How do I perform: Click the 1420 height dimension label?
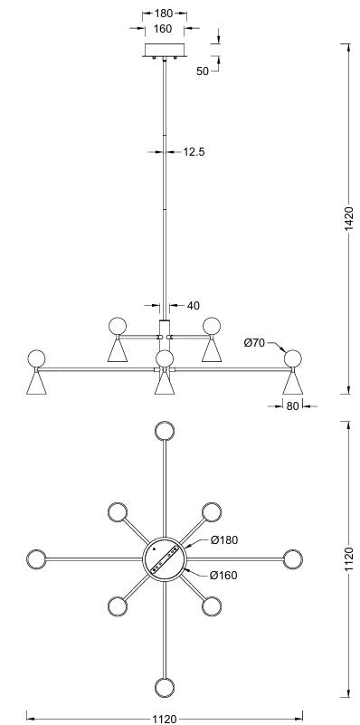pyautogui.click(x=349, y=219)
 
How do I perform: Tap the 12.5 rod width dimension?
pyautogui.click(x=194, y=152)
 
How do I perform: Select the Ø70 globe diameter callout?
pyautogui.click(x=253, y=343)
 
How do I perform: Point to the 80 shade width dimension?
pyautogui.click(x=292, y=406)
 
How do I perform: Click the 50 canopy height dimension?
pyautogui.click(x=203, y=72)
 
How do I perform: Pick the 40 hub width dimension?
pyautogui.click(x=194, y=306)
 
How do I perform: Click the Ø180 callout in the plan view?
pyautogui.click(x=224, y=539)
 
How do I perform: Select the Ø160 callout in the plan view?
pyautogui.click(x=223, y=575)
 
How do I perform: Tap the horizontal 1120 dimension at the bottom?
pyautogui.click(x=165, y=719)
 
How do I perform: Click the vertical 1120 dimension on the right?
pyautogui.click(x=349, y=559)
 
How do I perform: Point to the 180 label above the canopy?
pyautogui.click(x=164, y=14)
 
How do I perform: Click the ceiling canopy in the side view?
pyautogui.click(x=165, y=51)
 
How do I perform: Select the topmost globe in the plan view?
pyautogui.click(x=165, y=431)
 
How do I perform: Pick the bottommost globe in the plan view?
pyautogui.click(x=165, y=688)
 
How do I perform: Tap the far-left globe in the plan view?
pyautogui.click(x=36, y=559)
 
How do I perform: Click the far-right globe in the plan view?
pyautogui.click(x=293, y=559)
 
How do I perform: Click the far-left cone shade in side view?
pyautogui.click(x=36, y=383)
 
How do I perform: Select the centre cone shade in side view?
pyautogui.click(x=165, y=383)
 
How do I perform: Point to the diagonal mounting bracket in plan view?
pyautogui.click(x=165, y=559)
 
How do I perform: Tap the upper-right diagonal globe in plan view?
pyautogui.click(x=212, y=512)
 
